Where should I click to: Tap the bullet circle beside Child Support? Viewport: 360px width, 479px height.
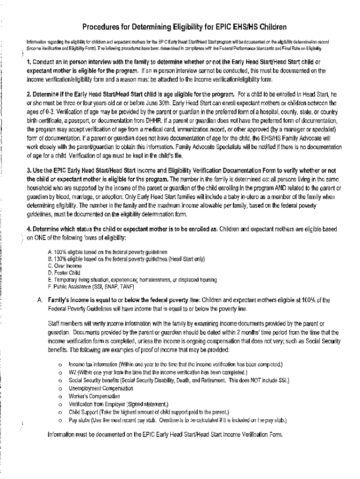coord(60,413)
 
